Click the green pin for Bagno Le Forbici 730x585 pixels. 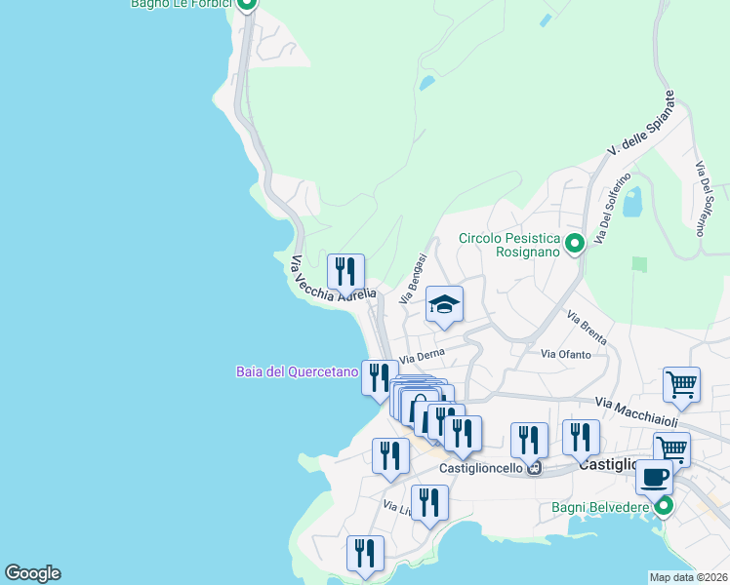(247, 3)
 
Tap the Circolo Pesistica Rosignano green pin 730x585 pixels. (575, 244)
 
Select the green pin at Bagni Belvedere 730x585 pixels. (664, 506)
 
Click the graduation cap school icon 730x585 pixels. (444, 306)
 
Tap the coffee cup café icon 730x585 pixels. (654, 478)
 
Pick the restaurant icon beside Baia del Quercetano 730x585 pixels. (379, 377)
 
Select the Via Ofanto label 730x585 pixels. (566, 354)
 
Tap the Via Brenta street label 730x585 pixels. (587, 328)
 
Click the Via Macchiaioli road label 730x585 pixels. (636, 410)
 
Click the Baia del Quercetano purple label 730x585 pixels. (297, 371)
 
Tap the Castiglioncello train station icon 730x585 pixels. (534, 468)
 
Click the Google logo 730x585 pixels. (32, 573)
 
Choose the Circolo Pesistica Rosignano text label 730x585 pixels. (509, 245)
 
